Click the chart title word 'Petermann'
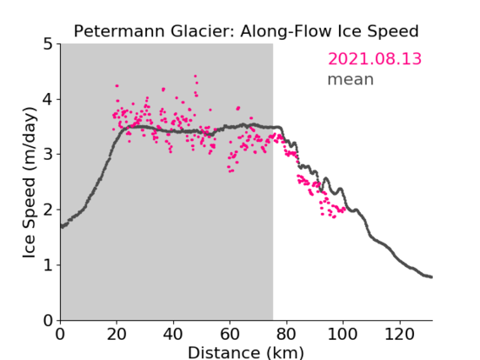click(120, 31)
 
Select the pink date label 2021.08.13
click(374, 59)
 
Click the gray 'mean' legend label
click(351, 79)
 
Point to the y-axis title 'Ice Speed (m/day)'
click(30, 183)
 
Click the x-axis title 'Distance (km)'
click(246, 352)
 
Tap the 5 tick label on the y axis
click(48, 45)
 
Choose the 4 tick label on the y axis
click(48, 100)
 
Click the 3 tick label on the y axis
click(48, 155)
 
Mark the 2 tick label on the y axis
click(48, 210)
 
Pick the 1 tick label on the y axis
click(48, 265)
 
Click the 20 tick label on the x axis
click(117, 334)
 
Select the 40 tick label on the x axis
click(173, 334)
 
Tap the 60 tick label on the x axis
click(230, 334)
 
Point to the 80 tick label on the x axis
click(286, 334)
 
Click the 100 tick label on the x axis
click(342, 334)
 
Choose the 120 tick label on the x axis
click(399, 334)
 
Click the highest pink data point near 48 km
click(195, 76)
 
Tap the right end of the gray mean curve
click(432, 277)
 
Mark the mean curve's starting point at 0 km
click(61, 226)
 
